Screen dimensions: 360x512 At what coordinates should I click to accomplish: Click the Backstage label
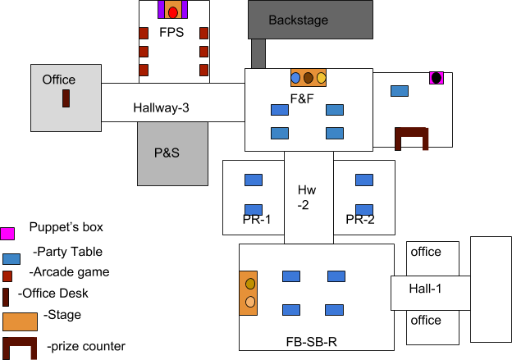pos(298,20)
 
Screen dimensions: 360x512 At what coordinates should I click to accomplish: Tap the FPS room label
pos(171,34)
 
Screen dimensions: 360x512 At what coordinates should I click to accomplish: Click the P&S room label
pos(167,153)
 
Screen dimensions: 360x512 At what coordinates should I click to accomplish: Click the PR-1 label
pos(256,220)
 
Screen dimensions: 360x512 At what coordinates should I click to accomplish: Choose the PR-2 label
pos(359,220)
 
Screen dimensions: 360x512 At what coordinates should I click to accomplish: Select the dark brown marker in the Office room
pos(66,99)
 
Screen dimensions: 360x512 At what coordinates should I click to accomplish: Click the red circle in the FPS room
pos(173,13)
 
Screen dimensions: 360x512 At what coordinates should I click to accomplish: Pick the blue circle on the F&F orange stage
pos(295,78)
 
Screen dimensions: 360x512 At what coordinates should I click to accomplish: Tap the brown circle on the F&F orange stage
pos(309,78)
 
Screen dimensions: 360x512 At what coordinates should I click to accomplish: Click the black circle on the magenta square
pos(437,78)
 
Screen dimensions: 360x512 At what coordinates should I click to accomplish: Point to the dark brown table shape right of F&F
pos(411,138)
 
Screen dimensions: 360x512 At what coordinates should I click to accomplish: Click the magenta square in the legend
pos(7,234)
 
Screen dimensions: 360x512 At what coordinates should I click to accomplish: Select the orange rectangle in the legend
pos(20,321)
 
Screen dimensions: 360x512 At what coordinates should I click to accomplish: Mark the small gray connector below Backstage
pos(258,53)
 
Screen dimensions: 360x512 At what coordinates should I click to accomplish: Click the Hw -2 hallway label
pos(306,197)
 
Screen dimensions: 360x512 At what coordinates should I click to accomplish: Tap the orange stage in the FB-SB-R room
pos(249,293)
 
